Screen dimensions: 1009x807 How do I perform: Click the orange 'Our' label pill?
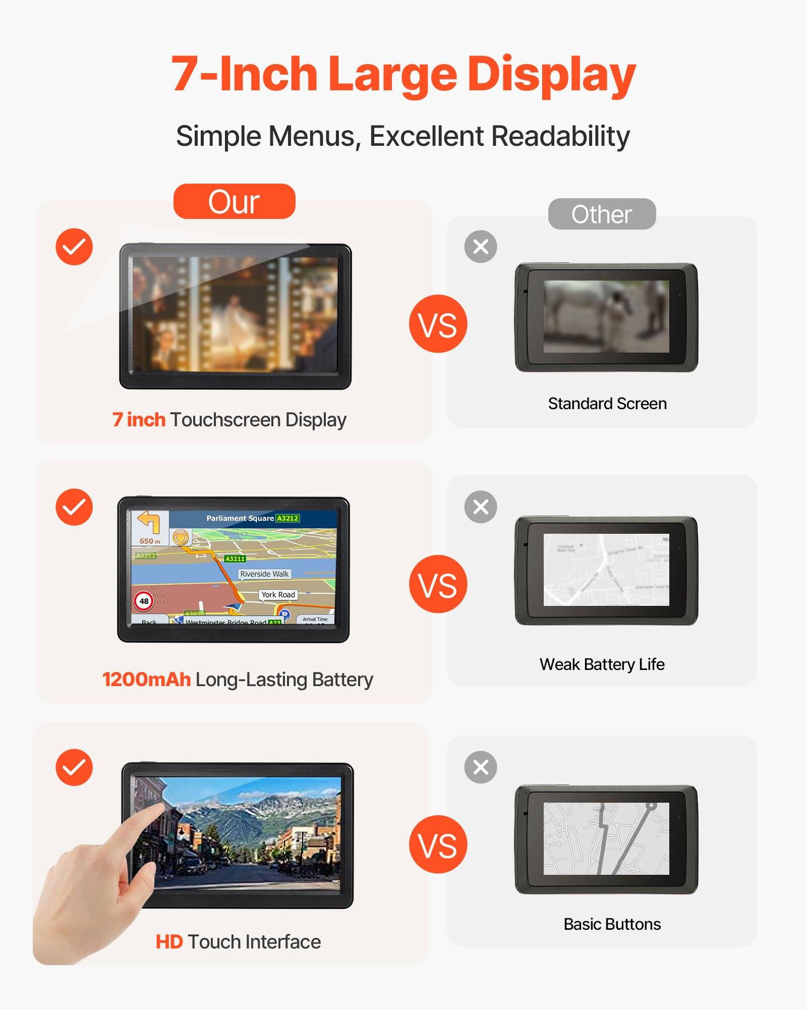pos(234,202)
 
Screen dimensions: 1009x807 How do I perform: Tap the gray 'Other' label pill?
pos(602,214)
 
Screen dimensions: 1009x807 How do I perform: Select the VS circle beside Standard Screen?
pos(438,324)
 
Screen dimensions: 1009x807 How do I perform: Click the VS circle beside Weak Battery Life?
pos(438,584)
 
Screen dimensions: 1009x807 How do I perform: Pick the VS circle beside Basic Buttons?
pos(438,845)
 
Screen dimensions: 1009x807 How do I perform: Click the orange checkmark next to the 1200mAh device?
pos(74,507)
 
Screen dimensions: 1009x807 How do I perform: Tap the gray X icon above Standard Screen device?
pos(481,247)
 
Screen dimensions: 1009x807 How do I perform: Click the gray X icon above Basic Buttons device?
pos(481,767)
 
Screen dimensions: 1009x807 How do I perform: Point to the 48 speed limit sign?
pos(144,601)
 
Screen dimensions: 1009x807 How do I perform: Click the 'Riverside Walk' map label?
pos(264,574)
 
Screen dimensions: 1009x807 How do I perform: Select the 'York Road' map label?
pos(278,595)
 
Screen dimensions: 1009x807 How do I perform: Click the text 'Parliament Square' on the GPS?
pos(240,518)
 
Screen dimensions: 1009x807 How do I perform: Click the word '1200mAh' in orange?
pos(146,680)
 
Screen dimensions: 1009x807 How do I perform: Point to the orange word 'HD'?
pos(169,942)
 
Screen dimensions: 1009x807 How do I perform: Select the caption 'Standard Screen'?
pos(607,404)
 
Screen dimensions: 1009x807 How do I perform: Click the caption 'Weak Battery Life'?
pos(602,664)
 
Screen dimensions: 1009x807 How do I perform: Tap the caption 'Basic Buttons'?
pos(612,924)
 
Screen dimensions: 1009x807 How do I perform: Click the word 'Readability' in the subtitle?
pos(560,136)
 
